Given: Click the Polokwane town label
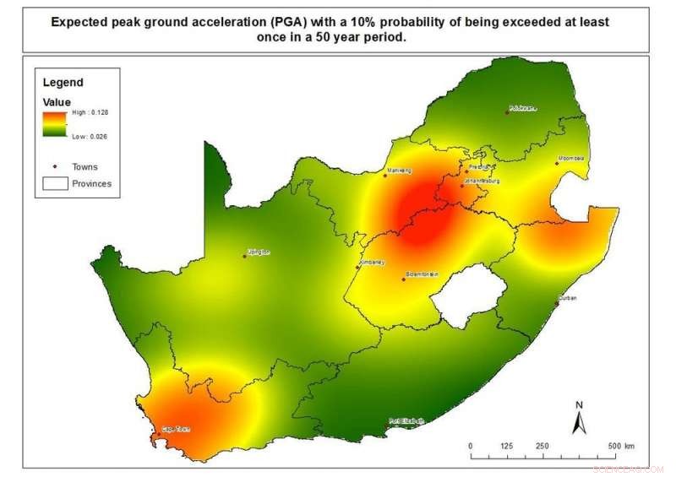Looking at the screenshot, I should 523,109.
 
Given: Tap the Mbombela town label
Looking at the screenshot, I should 570,159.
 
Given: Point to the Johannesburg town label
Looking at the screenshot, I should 482,181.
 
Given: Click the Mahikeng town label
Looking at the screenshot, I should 398,171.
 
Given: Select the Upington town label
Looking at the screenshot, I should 257,252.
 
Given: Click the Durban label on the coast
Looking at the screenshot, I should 567,299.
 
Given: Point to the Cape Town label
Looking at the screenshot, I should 177,429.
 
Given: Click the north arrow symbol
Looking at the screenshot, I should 579,418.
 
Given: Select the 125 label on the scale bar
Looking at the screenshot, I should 506,446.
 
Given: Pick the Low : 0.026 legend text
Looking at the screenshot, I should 89,136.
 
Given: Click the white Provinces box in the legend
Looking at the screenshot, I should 56,183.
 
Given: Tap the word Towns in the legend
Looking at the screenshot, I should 84,167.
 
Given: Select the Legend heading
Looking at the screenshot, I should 63,83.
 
